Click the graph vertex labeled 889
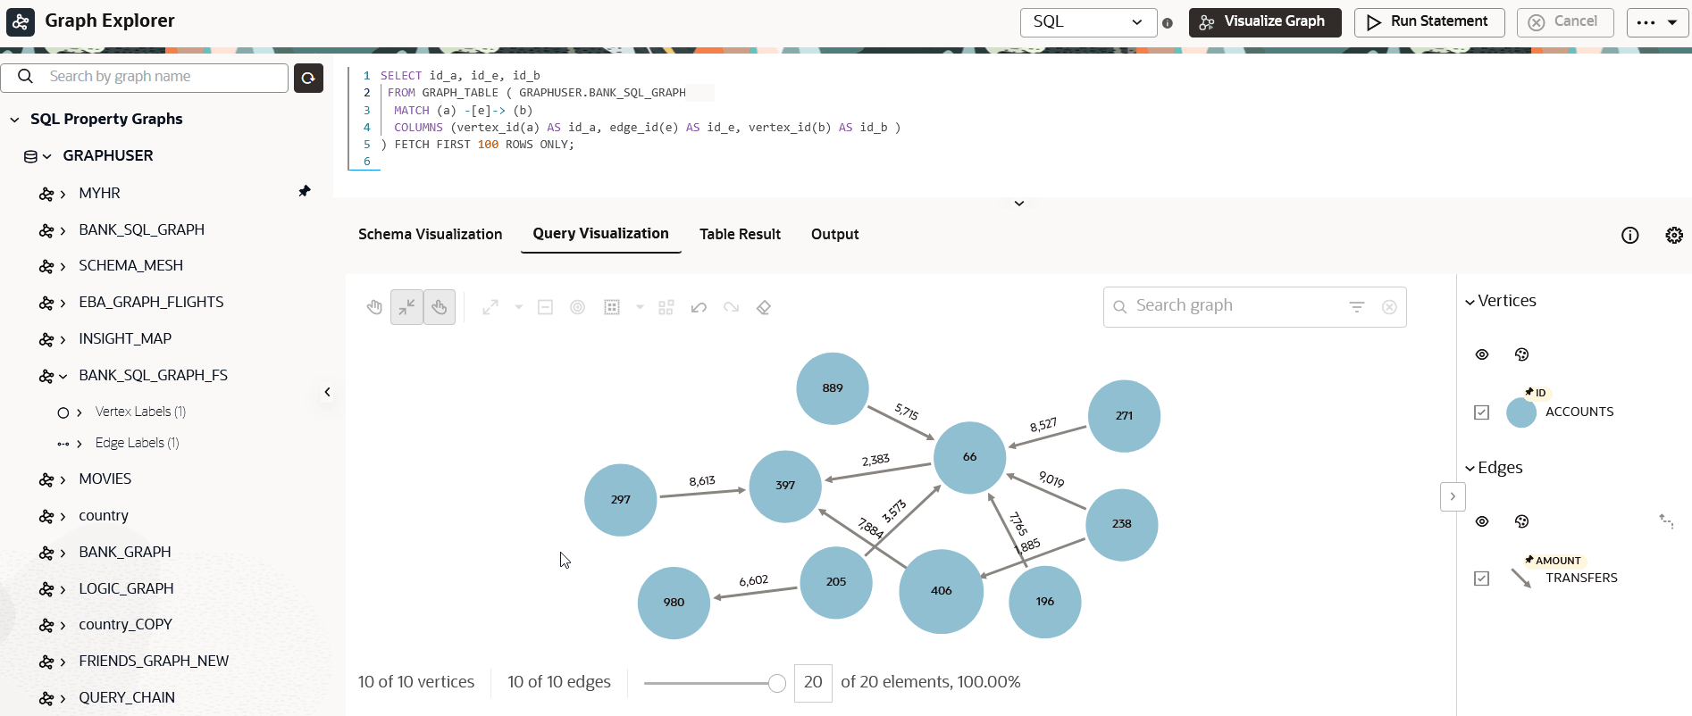click(833, 388)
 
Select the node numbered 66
click(969, 457)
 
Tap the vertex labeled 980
click(674, 603)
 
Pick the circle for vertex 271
click(1124, 416)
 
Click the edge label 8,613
click(702, 481)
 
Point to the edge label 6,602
click(753, 580)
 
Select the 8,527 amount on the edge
click(1043, 425)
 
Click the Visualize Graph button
click(1265, 22)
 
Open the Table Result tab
click(740, 234)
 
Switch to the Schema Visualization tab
click(430, 234)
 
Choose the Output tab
click(834, 234)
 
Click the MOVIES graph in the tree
click(105, 479)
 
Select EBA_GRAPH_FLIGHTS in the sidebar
click(151, 302)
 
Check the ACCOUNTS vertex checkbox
click(1482, 412)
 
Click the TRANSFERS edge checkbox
click(1482, 579)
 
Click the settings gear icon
click(1674, 235)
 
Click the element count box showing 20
click(813, 683)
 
